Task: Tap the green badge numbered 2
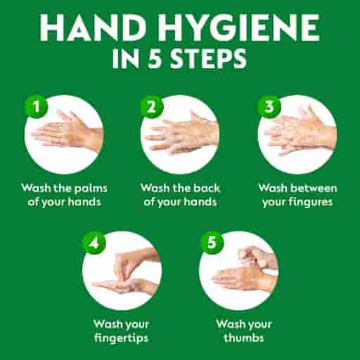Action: (x=150, y=107)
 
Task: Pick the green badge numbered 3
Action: (x=267, y=107)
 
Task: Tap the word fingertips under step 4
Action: (x=122, y=338)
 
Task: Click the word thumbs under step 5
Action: (x=239, y=338)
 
